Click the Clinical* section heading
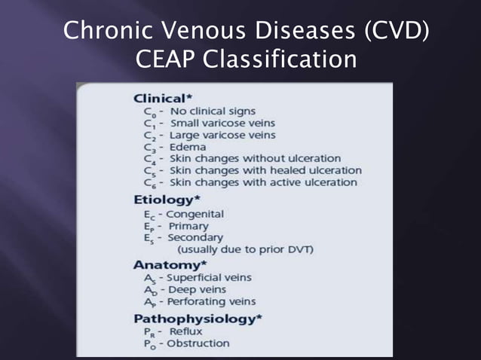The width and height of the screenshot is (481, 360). click(x=160, y=98)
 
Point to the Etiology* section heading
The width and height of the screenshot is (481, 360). click(x=165, y=200)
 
